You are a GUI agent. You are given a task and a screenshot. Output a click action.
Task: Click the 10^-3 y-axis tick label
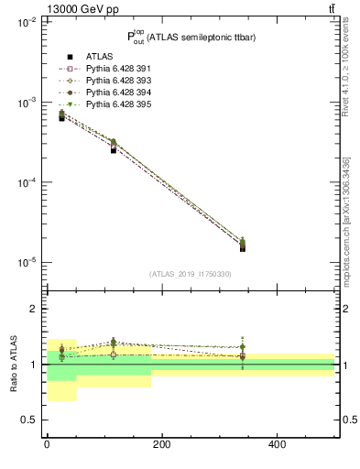[x=25, y=103]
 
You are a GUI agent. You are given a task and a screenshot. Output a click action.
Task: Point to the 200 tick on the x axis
[x=161, y=444]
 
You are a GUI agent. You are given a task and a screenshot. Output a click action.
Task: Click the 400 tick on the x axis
[x=277, y=444]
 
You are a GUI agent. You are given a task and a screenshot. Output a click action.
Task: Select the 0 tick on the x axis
[x=47, y=444]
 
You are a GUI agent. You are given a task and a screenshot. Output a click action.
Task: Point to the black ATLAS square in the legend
[x=70, y=58]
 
